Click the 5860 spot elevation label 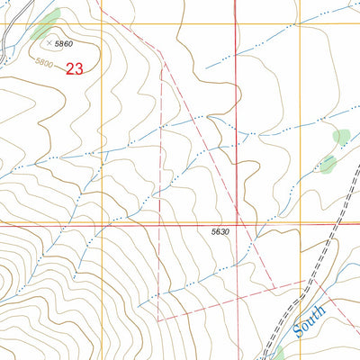point(63,42)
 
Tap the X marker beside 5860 point(48,41)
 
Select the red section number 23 point(76,68)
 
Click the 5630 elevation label point(221,232)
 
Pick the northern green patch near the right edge point(341,138)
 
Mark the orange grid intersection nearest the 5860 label point(101,25)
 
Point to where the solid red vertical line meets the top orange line point(236,25)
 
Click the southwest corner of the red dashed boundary point(158,319)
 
